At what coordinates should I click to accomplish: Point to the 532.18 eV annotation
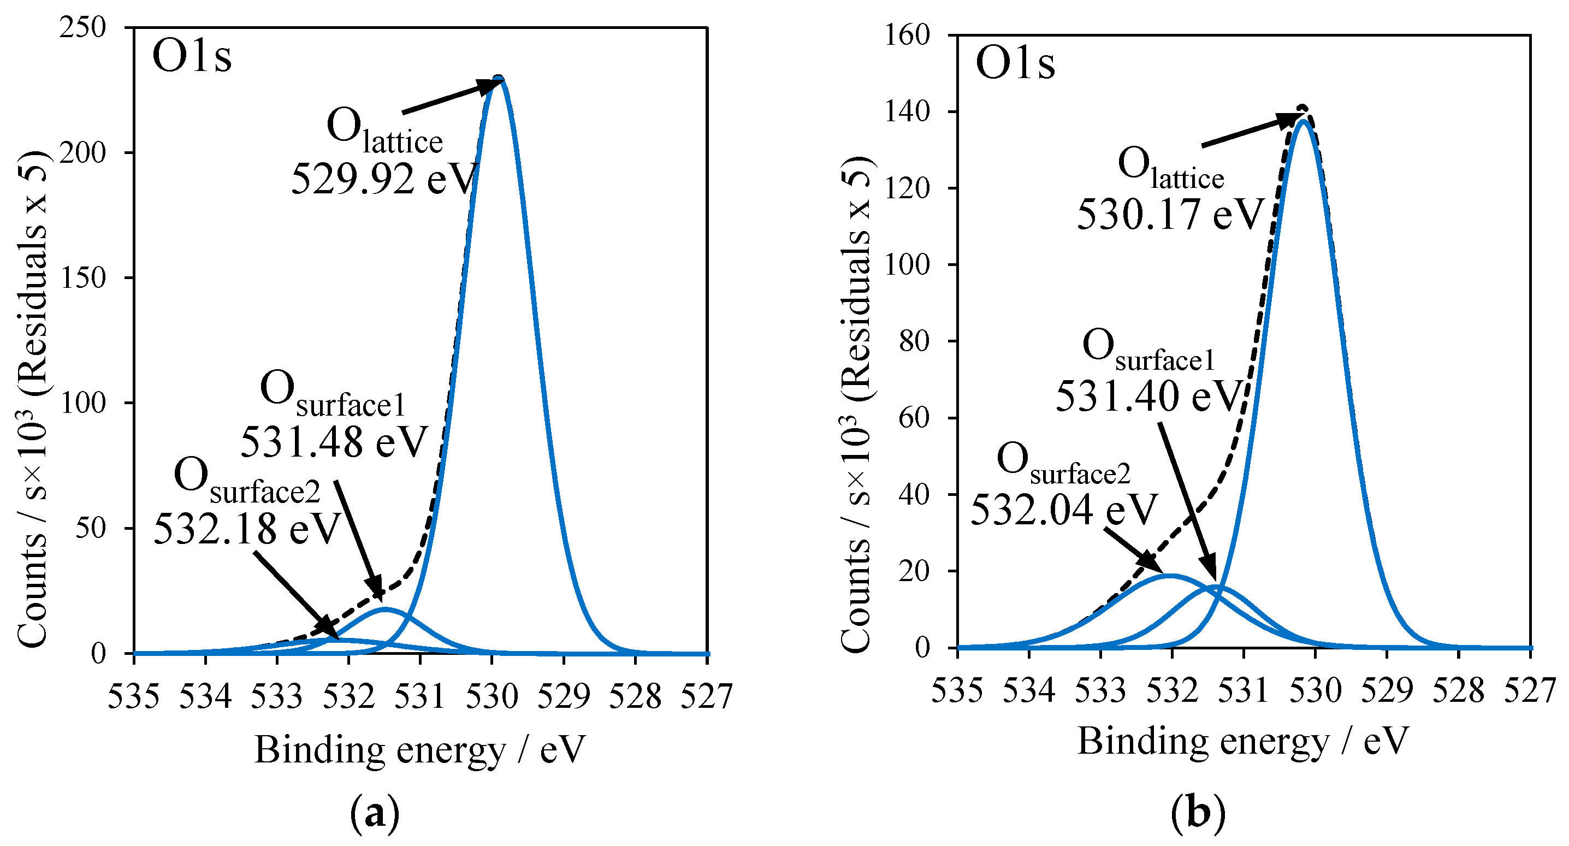point(247,529)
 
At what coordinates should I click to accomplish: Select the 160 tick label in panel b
point(907,36)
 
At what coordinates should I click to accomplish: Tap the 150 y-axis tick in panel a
point(84,279)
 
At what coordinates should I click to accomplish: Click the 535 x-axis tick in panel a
point(133,696)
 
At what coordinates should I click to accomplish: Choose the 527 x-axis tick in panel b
point(1530,691)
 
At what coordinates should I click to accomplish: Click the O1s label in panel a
point(192,57)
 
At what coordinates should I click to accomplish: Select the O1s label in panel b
point(1015,63)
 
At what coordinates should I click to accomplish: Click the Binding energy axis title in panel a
point(419,749)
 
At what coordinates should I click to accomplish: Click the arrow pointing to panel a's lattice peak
point(451,97)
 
